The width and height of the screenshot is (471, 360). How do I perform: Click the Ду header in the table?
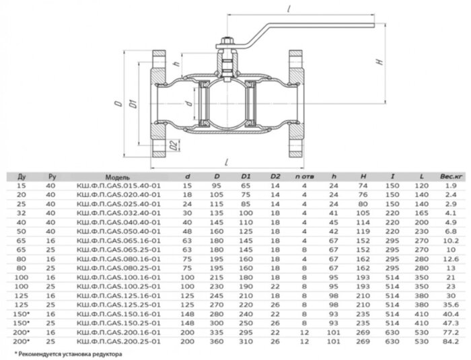tap(22, 176)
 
